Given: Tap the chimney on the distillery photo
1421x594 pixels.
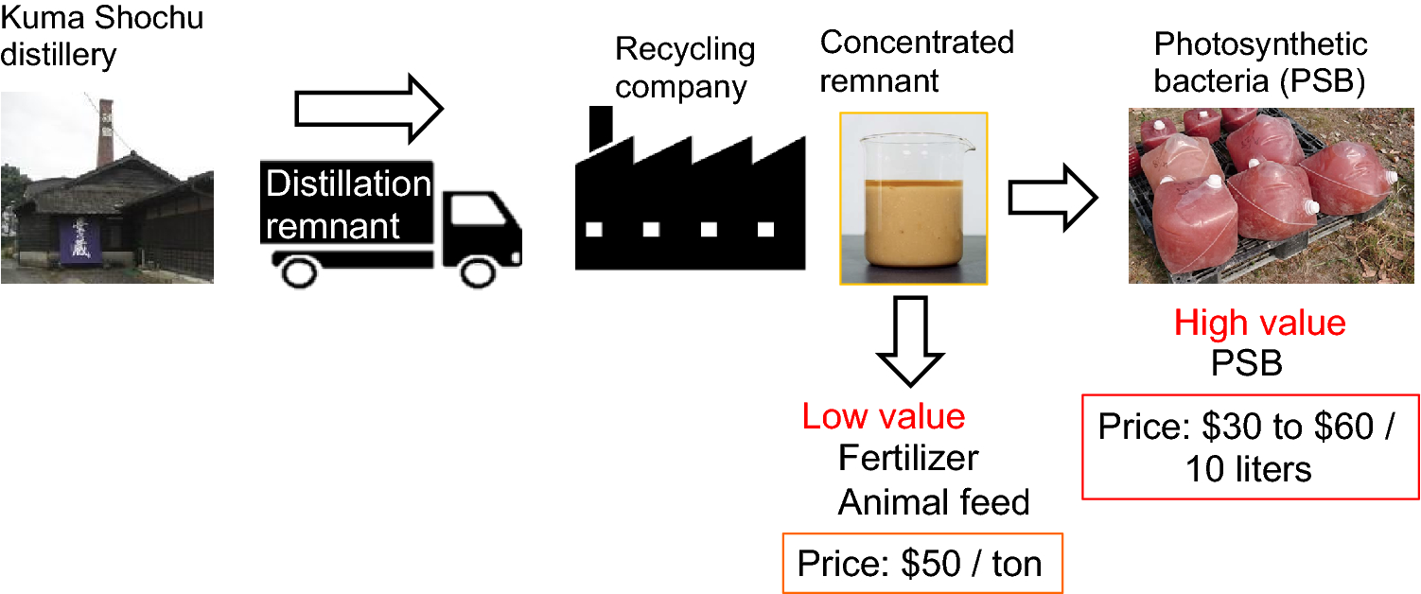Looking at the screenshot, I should click(x=105, y=132).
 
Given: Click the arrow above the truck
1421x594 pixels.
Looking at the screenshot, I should click(x=368, y=109).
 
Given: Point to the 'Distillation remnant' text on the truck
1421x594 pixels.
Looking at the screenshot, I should click(x=347, y=204).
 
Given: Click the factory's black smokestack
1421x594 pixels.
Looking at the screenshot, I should click(x=600, y=129).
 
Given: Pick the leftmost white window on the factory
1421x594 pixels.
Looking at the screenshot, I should click(x=594, y=229).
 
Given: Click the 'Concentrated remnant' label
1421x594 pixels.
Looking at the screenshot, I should click(x=916, y=61).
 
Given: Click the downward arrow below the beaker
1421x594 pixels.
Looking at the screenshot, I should click(x=909, y=341).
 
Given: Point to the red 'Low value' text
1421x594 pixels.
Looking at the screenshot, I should click(x=884, y=416).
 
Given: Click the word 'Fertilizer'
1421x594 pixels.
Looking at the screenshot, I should click(x=908, y=459).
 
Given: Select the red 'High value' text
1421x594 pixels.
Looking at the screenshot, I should click(x=1259, y=323).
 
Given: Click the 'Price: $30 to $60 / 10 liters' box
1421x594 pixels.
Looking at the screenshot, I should click(x=1249, y=446).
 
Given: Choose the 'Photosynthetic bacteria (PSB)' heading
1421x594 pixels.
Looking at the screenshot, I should click(x=1260, y=62).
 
